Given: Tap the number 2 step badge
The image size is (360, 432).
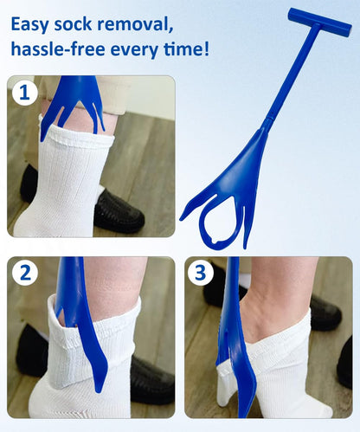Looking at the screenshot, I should [x=25, y=274].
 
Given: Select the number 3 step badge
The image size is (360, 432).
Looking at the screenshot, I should [x=202, y=274].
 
